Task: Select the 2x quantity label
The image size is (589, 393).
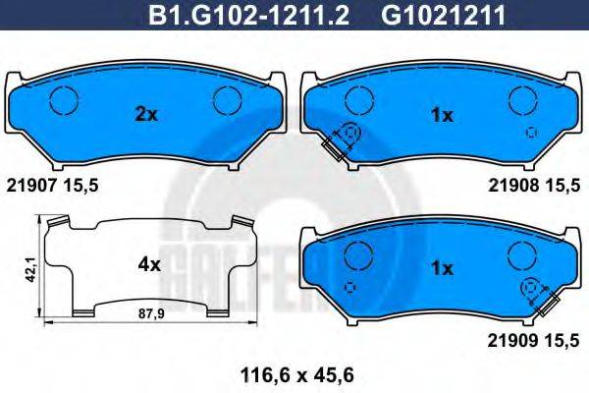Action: [x=145, y=114]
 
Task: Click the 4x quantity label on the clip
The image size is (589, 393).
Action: [x=149, y=263]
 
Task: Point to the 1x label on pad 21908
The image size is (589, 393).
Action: [x=443, y=115]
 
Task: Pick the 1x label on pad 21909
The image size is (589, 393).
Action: [x=442, y=267]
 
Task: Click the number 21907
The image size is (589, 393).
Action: [x=30, y=184]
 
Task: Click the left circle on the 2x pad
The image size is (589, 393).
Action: [x=64, y=100]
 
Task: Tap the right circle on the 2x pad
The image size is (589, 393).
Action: [x=228, y=100]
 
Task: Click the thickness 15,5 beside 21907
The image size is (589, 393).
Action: [x=80, y=184]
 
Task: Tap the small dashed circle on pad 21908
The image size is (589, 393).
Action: [x=531, y=132]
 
